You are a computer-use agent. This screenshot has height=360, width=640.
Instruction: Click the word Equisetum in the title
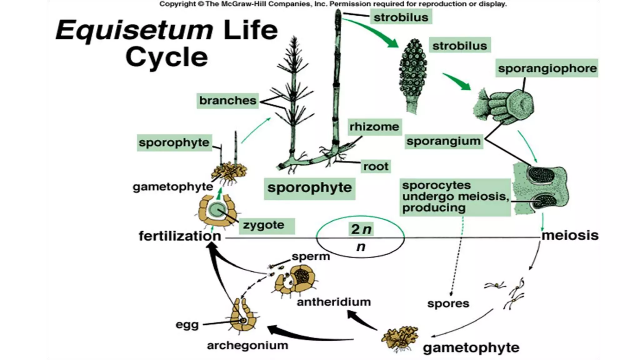pos(134,30)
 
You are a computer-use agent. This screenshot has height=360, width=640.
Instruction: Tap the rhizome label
pos(374,127)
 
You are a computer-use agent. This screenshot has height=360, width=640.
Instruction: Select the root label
pos(375,166)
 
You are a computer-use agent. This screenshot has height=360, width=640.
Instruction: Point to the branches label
pos(227,101)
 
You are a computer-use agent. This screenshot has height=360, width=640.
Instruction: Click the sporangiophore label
pos(547,68)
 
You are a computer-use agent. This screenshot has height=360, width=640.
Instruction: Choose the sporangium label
pos(443,141)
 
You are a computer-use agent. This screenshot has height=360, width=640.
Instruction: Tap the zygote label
pos(263,225)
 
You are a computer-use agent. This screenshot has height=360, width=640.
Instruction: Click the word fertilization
pos(180,236)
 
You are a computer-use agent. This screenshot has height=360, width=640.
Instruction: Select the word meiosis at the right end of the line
pos(570,235)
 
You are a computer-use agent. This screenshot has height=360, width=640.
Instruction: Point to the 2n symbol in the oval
pos(361,229)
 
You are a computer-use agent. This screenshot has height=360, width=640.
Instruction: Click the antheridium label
pos(333,302)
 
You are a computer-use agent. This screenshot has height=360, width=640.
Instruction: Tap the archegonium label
pos(247,345)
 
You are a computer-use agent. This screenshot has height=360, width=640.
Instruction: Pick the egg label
pos(187,325)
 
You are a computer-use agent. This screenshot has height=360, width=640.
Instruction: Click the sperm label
pos(311,256)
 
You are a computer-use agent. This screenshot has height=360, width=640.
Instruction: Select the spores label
pos(448,303)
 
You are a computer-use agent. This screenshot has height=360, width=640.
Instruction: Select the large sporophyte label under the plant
pos(309,188)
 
